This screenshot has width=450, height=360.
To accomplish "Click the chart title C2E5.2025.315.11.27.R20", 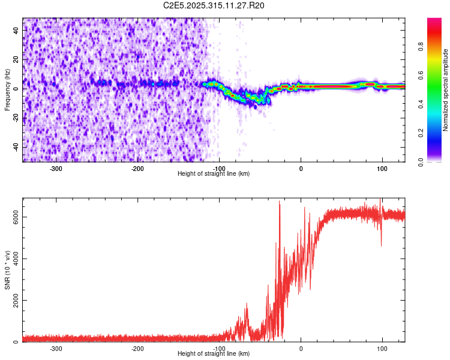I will [x=214, y=5].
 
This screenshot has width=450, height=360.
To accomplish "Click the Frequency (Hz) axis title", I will [x=7, y=90].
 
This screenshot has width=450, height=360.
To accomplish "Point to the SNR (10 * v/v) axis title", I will [x=7, y=270].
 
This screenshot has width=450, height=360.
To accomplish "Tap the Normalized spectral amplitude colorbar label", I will [x=446, y=90].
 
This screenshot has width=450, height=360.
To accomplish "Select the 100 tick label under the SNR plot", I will [x=382, y=349].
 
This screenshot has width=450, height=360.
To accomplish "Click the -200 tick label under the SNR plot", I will [x=137, y=349].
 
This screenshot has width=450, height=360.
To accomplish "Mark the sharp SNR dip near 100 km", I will [x=381, y=244].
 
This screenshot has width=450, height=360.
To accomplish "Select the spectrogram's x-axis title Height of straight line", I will [x=214, y=174].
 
